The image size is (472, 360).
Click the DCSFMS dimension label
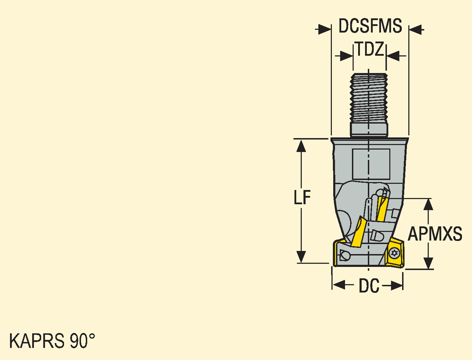(370, 26)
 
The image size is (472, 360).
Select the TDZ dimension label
(370, 49)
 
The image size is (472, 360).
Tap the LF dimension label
(302, 197)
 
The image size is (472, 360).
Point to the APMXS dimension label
(435, 234)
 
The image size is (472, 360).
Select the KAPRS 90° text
(52, 341)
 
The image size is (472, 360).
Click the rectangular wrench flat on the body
(371, 164)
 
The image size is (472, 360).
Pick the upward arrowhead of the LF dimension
(301, 146)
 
